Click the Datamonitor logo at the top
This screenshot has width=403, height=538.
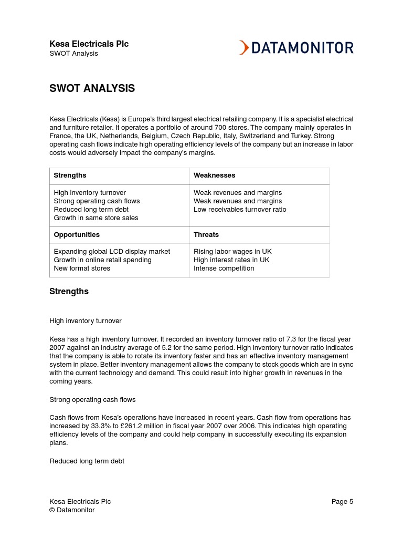(x=296, y=48)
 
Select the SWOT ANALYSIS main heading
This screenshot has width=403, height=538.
(x=92, y=88)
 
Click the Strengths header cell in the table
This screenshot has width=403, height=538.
(x=70, y=175)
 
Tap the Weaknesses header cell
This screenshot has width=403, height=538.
(x=214, y=175)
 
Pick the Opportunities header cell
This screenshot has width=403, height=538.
(x=77, y=235)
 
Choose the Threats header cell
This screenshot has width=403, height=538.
(x=206, y=235)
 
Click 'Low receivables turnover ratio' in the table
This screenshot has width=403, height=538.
(x=240, y=210)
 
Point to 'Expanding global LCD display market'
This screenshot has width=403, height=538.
(x=112, y=252)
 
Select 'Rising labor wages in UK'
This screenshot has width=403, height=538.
(x=232, y=252)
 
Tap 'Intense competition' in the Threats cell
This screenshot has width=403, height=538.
(x=224, y=268)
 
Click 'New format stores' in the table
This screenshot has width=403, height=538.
(x=82, y=268)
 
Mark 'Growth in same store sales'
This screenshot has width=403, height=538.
(x=96, y=218)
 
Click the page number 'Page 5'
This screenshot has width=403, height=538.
(x=342, y=502)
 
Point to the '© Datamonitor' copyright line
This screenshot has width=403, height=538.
(x=72, y=510)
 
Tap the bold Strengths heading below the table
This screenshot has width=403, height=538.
(x=69, y=292)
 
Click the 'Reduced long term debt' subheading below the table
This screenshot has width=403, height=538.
(x=87, y=461)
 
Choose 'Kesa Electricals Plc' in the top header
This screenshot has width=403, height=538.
(x=89, y=44)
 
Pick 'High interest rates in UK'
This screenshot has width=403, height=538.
(x=231, y=260)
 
